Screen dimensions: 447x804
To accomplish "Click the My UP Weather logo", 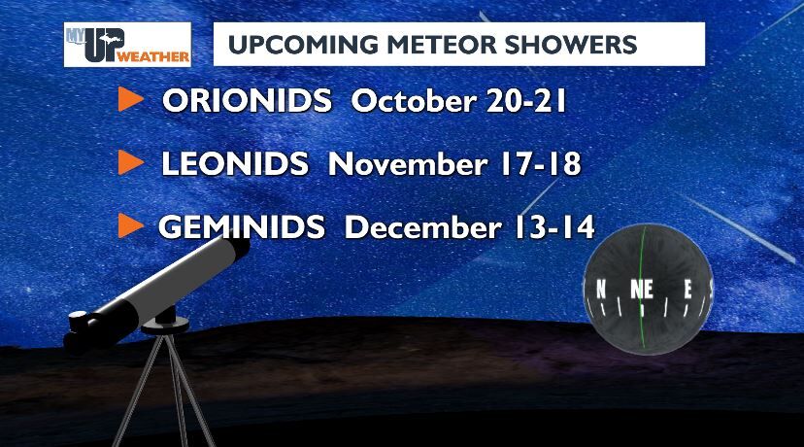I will point(127,44).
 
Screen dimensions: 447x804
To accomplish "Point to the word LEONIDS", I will point(235,164).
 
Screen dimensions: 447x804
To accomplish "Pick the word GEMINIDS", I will point(242,227).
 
